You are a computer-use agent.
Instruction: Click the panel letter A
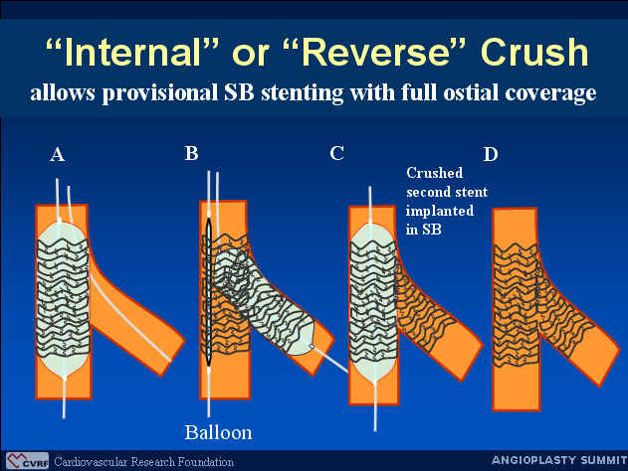point(58,154)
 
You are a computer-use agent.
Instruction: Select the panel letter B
point(191,153)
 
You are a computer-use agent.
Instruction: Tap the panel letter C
point(336,153)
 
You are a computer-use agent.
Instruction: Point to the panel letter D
point(491,154)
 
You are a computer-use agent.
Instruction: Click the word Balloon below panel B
point(218,432)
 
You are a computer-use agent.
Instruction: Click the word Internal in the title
point(131,53)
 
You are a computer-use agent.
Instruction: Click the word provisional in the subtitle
point(158,93)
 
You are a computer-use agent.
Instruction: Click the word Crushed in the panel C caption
point(435,173)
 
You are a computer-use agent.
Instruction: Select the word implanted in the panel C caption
point(440,211)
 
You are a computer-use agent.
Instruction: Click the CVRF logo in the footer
point(27,461)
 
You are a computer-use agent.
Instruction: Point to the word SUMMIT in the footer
point(604,460)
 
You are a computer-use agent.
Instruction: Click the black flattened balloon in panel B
point(209,292)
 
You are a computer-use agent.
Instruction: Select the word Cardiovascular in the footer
point(91,462)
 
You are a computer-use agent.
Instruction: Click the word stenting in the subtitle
point(302,93)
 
